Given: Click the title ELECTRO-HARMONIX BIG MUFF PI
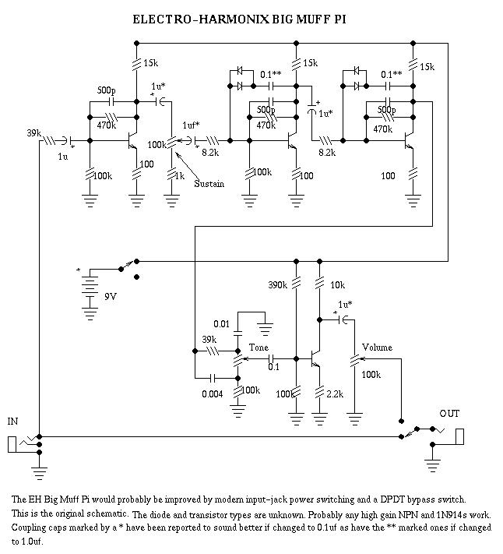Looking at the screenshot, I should pyautogui.click(x=241, y=19).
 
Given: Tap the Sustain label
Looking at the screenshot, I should pyautogui.click(x=209, y=184).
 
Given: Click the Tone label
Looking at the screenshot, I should pyautogui.click(x=259, y=348).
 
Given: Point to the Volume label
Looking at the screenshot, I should pyautogui.click(x=377, y=348).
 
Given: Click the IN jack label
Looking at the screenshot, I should pyautogui.click(x=12, y=422).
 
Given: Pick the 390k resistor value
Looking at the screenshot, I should pyautogui.click(x=278, y=284).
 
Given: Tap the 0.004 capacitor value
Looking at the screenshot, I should pyautogui.click(x=212, y=394).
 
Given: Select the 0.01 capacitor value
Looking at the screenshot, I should pyautogui.click(x=223, y=323).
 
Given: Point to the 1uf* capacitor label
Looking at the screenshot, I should pyautogui.click(x=191, y=125).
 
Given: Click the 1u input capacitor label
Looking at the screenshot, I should pyautogui.click(x=62, y=157).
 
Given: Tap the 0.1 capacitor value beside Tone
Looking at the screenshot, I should pyautogui.click(x=273, y=366).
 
